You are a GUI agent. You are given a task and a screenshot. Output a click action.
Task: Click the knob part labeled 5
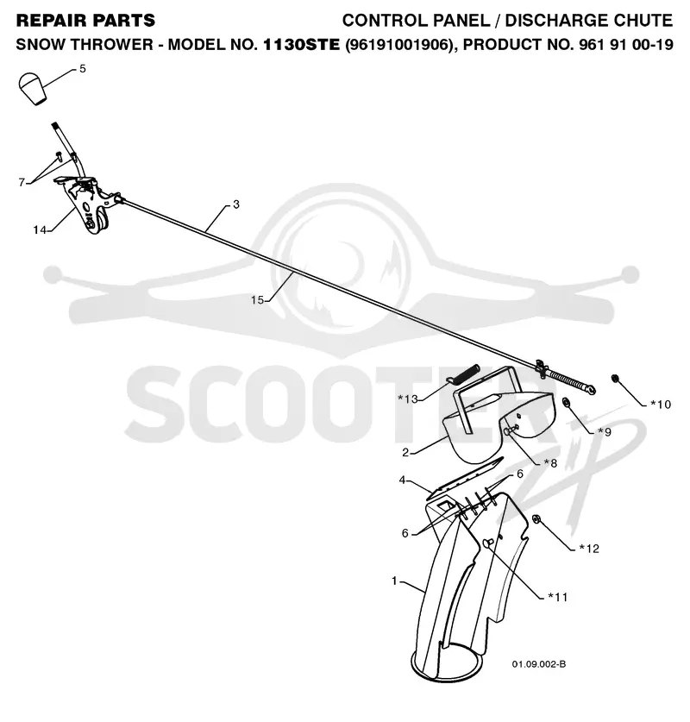(32, 88)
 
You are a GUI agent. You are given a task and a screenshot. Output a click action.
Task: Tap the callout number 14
(39, 229)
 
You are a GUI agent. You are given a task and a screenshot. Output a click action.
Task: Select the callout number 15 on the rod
(257, 300)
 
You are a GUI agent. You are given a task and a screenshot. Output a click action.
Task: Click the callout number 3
(236, 204)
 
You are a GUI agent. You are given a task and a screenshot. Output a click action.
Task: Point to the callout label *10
(661, 405)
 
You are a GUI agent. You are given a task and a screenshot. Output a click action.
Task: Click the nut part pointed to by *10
(614, 379)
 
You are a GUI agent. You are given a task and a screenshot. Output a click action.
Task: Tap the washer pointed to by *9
(566, 403)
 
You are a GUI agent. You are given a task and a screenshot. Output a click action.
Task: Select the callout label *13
(407, 399)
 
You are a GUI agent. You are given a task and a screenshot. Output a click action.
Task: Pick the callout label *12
(589, 549)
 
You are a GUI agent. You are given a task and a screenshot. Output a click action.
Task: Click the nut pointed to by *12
(536, 519)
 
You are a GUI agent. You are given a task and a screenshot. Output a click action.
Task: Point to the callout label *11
(557, 597)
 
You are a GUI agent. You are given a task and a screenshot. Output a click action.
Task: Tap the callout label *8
(550, 463)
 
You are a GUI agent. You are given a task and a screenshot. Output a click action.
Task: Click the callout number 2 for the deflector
(405, 453)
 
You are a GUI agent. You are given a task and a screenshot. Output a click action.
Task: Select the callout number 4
(402, 480)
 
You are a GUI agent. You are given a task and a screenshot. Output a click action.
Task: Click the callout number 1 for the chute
(394, 581)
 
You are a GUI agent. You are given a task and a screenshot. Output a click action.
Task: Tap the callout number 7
(22, 182)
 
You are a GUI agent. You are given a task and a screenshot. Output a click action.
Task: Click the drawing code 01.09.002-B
(539, 664)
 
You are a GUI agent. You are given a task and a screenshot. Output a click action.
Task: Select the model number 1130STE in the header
(302, 45)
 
